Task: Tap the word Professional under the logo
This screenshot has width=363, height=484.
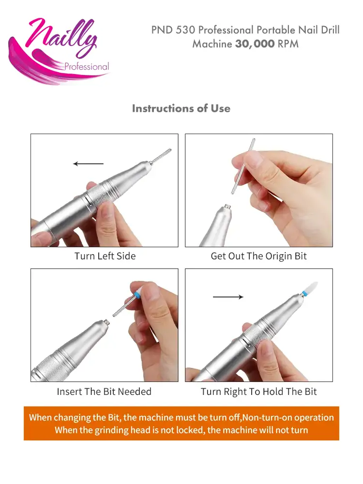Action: [87, 67]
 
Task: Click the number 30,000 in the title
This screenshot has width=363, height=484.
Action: [255, 44]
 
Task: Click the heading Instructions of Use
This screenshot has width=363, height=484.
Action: [181, 108]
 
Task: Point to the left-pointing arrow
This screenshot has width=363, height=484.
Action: [88, 164]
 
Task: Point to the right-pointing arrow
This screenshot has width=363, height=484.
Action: [228, 297]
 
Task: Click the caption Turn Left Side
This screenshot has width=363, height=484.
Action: [105, 256]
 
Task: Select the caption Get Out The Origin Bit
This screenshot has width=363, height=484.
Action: [258, 256]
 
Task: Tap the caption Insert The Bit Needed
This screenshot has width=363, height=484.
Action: [104, 392]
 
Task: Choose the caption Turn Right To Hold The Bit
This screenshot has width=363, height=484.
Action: [258, 392]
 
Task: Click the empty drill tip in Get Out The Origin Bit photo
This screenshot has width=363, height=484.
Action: [224, 209]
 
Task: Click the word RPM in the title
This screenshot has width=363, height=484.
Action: [288, 44]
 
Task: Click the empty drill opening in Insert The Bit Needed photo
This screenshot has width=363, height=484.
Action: [102, 321]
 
